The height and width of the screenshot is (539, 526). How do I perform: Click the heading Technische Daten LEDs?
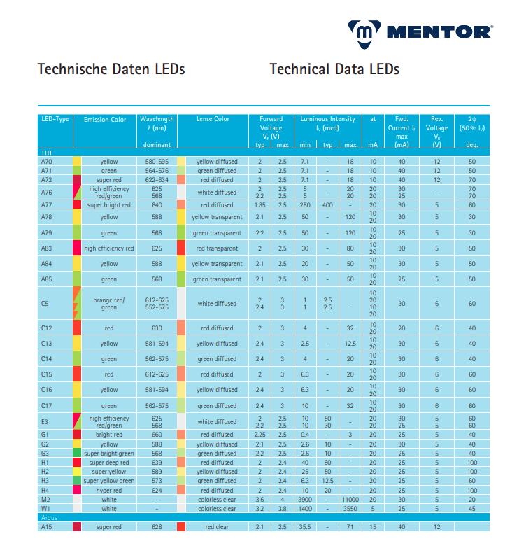point(111,70)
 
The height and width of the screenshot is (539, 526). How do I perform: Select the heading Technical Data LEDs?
point(334,70)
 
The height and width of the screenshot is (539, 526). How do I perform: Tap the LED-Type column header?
point(55,119)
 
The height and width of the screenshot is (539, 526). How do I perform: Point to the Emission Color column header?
point(105,120)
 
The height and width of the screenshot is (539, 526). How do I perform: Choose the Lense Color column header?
point(213,119)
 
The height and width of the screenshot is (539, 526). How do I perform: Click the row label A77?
point(47,205)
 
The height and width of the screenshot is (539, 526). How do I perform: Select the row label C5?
point(45,304)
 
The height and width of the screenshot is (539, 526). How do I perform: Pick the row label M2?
point(47,499)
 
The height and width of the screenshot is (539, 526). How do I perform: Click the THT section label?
point(47,152)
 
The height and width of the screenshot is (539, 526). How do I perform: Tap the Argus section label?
point(49,517)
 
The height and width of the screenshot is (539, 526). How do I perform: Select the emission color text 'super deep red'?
point(109,463)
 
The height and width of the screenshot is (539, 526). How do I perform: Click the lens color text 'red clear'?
point(216,526)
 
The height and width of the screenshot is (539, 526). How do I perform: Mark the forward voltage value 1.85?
point(260,205)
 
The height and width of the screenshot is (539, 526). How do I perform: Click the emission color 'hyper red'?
point(109,490)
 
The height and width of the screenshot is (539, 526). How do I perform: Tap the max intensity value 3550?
point(351,509)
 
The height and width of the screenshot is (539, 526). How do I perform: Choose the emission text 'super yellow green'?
point(109,481)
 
